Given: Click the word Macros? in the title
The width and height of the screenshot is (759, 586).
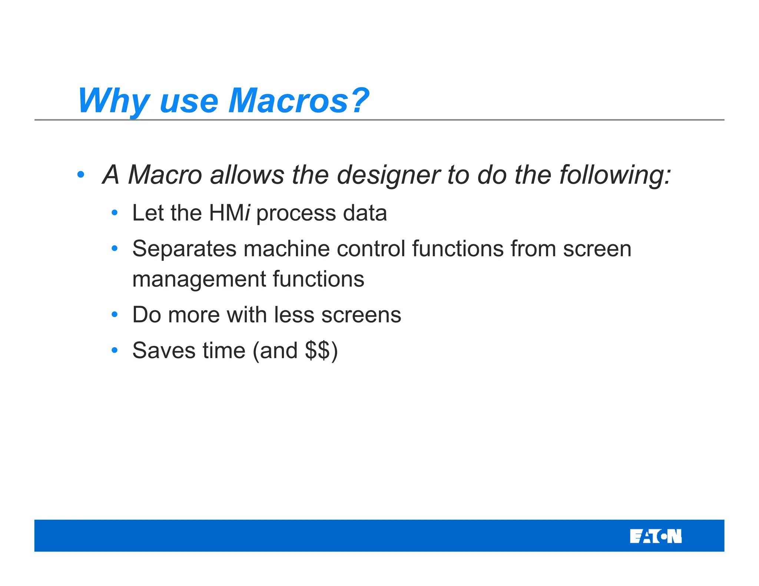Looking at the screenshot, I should (298, 101).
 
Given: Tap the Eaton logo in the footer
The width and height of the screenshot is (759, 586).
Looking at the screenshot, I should (655, 536).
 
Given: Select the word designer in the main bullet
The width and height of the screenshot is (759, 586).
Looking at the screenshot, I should (388, 175).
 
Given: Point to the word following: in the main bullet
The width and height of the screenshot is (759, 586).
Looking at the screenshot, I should (615, 175).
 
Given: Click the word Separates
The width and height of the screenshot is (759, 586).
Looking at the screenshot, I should (184, 249).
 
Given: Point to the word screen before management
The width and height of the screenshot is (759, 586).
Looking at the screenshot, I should (597, 249).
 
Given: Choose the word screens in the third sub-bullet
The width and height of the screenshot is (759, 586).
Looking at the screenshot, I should (361, 315).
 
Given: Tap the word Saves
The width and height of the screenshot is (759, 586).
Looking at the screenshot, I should (163, 350).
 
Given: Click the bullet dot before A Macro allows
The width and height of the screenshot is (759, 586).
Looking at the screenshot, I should (81, 174).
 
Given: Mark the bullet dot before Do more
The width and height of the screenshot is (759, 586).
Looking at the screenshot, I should (115, 314).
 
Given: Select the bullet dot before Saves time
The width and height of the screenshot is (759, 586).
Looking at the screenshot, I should (115, 350).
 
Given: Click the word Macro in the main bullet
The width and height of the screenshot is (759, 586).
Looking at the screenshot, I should (165, 175).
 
